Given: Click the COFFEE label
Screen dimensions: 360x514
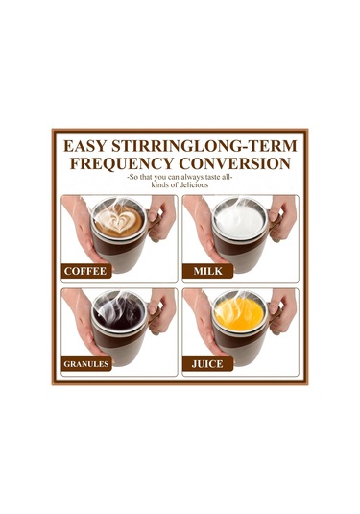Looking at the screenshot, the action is point(85,271).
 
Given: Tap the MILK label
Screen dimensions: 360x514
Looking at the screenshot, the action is point(207,271).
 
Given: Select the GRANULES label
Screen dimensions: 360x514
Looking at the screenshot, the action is point(86,364).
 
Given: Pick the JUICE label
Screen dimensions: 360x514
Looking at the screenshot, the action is point(207,364).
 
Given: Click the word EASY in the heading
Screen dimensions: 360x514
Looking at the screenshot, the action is point(84,146).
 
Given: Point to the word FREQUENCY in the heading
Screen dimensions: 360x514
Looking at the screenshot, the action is point(122,163).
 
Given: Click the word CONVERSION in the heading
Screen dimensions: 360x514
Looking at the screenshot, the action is point(234,163).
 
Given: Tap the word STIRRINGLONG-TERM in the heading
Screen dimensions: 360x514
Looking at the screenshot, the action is point(204,146).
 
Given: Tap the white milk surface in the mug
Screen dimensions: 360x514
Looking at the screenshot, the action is point(238,218).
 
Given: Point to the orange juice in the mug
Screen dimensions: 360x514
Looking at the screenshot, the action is point(239,314).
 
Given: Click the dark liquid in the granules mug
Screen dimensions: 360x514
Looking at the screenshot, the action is point(119,314).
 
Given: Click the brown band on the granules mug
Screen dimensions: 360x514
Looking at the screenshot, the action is point(114,338).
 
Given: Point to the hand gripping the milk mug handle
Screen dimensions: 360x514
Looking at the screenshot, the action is point(282,218).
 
